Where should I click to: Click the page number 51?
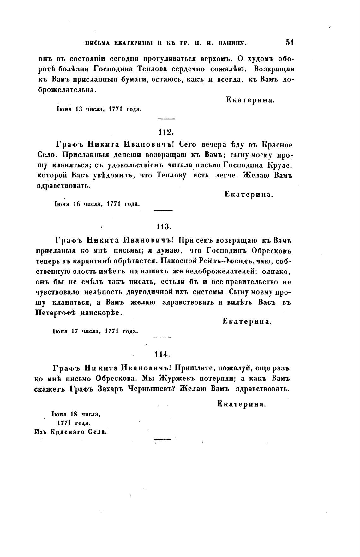click(x=289, y=42)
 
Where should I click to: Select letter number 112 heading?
click(x=164, y=131)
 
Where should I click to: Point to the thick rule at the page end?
click(x=162, y=439)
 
